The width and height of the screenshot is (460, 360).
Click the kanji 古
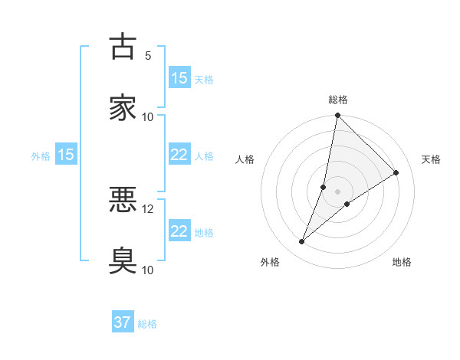click(x=123, y=47)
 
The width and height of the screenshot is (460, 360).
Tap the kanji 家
click(x=123, y=107)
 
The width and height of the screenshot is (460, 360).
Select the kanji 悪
click(x=123, y=200)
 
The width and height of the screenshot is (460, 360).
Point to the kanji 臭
click(x=123, y=260)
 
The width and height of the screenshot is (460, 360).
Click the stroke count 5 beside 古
click(x=148, y=56)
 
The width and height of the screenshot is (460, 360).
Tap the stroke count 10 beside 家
click(x=148, y=116)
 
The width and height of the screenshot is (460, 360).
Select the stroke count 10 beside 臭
click(x=148, y=270)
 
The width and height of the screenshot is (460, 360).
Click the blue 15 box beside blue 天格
click(x=179, y=78)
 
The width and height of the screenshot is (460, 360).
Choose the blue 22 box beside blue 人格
click(x=179, y=155)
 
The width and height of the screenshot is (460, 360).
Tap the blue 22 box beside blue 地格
click(x=179, y=231)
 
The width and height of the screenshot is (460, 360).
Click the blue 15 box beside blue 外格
click(x=66, y=155)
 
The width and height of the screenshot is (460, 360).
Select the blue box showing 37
click(x=123, y=322)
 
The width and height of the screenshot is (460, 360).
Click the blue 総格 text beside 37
click(x=147, y=324)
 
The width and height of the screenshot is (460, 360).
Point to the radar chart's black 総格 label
click(x=338, y=100)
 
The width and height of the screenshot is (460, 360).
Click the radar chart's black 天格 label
click(x=431, y=159)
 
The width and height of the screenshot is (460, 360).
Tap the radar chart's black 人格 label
click(x=245, y=159)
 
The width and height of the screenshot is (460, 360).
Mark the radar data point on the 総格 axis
click(x=337, y=116)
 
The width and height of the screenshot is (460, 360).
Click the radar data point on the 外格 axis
click(x=301, y=242)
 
